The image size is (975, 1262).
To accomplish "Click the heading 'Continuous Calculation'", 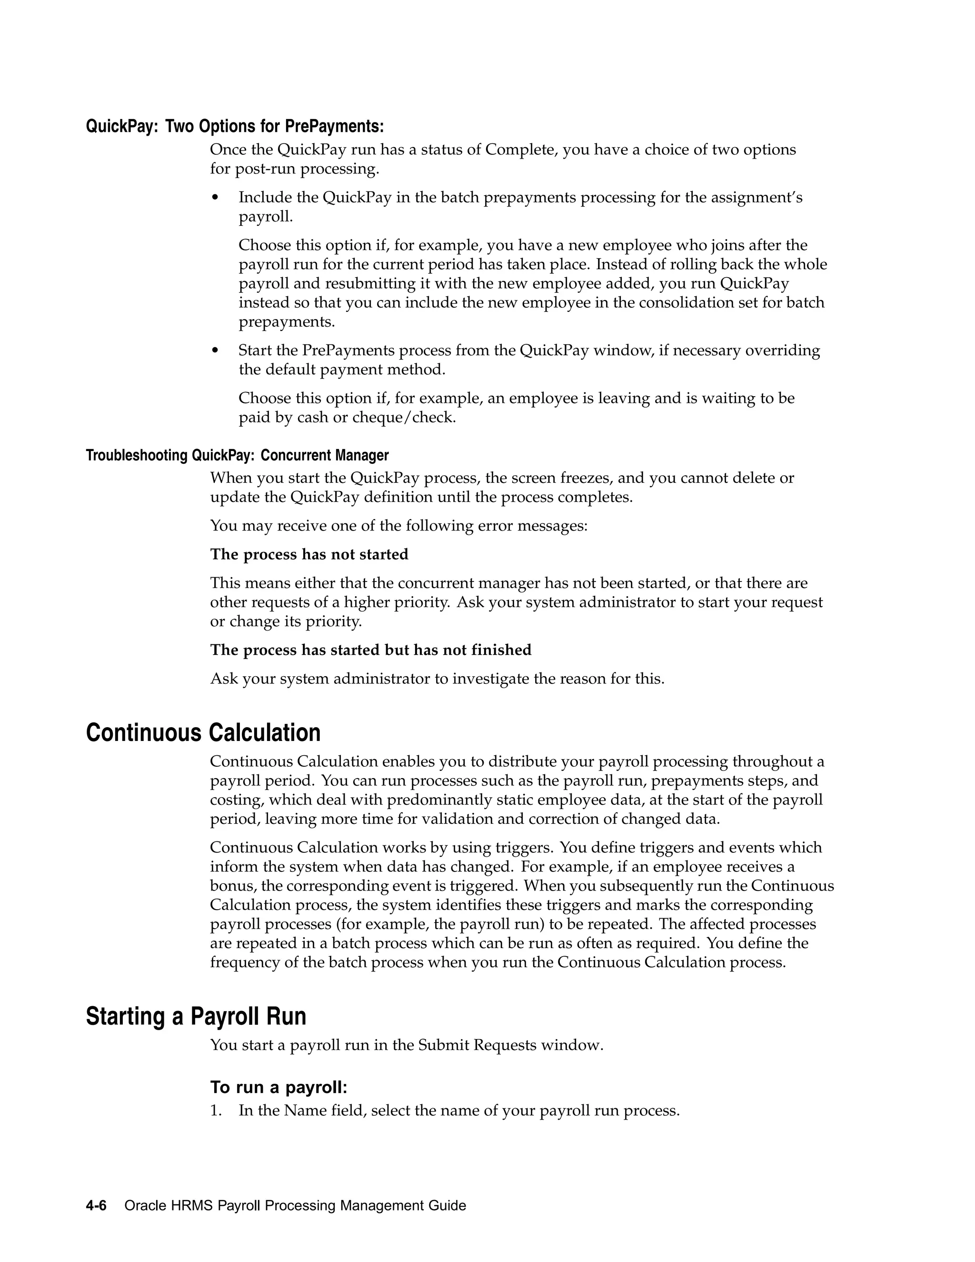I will pyautogui.click(x=203, y=733).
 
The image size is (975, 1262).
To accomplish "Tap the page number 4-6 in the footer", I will pyautogui.click(x=96, y=1205).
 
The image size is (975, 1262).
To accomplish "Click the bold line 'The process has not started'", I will pyautogui.click(x=309, y=554).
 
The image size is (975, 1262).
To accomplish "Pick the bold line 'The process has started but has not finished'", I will pyautogui.click(x=370, y=650).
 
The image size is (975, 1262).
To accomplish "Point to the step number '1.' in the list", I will pyautogui.click(x=216, y=1111).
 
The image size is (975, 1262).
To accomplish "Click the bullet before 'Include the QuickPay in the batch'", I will pyautogui.click(x=216, y=198).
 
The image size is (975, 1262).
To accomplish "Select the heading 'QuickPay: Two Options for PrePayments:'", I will pyautogui.click(x=235, y=126).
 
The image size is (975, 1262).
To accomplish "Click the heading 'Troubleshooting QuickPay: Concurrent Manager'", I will pyautogui.click(x=237, y=455).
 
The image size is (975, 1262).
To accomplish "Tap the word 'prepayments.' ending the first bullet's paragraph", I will pyautogui.click(x=287, y=322).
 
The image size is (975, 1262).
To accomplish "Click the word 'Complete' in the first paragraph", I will pyautogui.click(x=520, y=150).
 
